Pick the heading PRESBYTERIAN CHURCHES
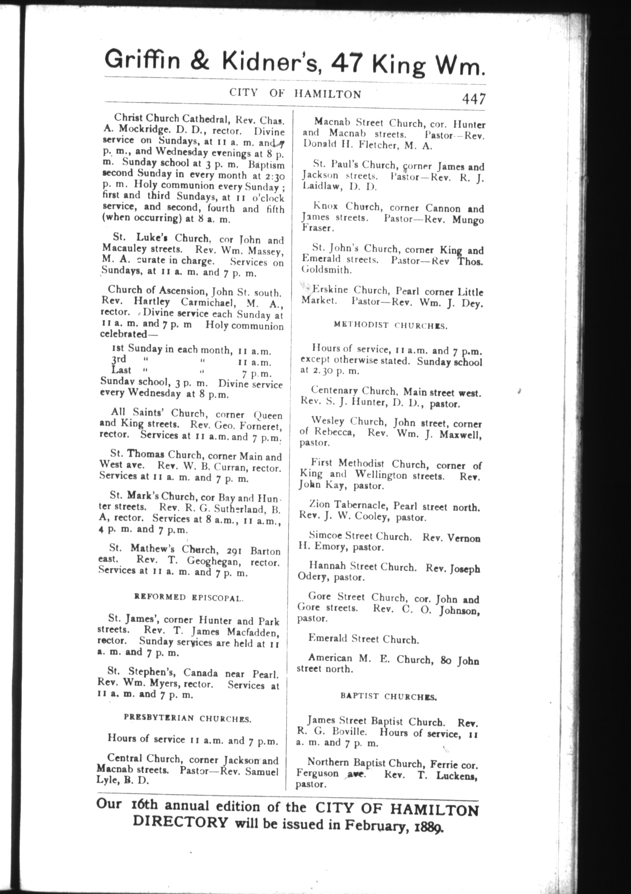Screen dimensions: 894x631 tap(188, 718)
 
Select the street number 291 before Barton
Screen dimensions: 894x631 tap(234, 551)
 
